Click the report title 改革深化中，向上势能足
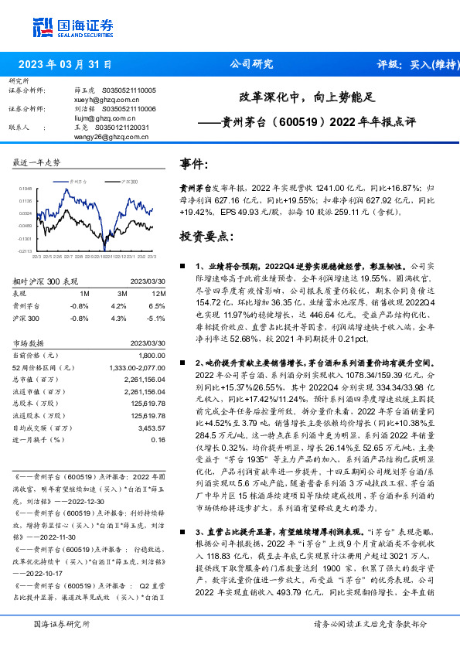click(x=305, y=98)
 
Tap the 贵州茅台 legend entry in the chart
click(x=77, y=180)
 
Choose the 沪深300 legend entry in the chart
click(x=128, y=180)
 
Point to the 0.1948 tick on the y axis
click(x=26, y=188)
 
